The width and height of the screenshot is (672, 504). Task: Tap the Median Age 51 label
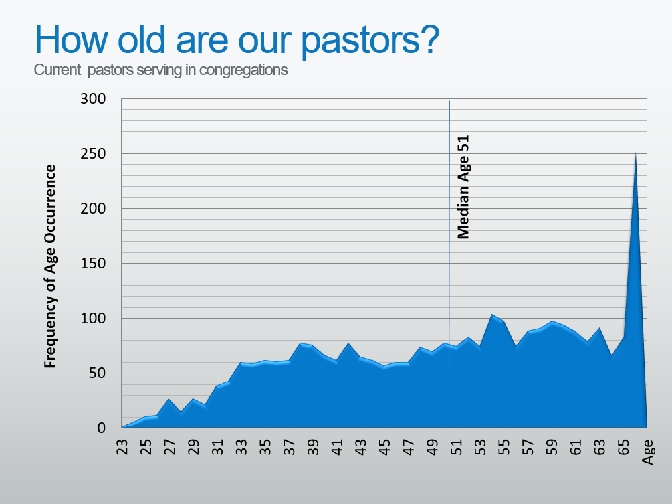click(x=463, y=187)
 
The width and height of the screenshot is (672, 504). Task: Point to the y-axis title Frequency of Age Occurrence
click(x=50, y=266)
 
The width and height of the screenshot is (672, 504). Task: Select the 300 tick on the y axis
click(x=92, y=98)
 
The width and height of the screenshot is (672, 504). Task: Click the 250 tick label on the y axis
click(x=92, y=153)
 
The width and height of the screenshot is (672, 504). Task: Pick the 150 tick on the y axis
click(x=92, y=263)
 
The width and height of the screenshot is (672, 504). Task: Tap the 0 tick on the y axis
click(x=101, y=428)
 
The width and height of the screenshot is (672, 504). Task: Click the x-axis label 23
click(x=122, y=447)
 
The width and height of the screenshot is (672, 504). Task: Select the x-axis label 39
click(x=314, y=447)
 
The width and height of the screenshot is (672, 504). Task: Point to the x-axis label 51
click(x=457, y=447)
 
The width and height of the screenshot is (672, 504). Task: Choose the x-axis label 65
click(x=624, y=447)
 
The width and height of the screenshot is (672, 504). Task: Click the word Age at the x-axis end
click(x=647, y=452)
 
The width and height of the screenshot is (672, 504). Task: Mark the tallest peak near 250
click(x=635, y=153)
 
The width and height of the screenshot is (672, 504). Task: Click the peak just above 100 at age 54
click(x=492, y=315)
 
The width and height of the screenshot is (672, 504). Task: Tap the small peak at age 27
click(x=169, y=399)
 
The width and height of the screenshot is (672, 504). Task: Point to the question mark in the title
click(x=429, y=39)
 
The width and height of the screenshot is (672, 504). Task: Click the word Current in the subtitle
click(x=58, y=70)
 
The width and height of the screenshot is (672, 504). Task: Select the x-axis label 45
click(x=385, y=447)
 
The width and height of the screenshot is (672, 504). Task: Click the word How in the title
click(x=72, y=39)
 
